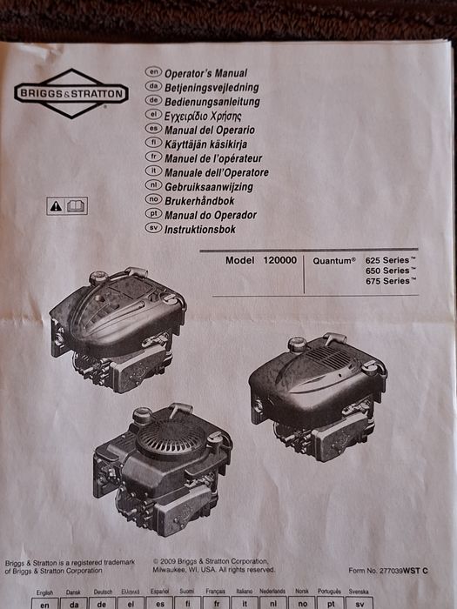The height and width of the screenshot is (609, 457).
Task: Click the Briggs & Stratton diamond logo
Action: [x=71, y=94]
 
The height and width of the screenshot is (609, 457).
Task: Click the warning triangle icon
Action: [x=56, y=206]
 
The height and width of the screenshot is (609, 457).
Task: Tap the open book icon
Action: [x=76, y=206]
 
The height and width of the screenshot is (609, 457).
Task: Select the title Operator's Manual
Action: [x=205, y=73]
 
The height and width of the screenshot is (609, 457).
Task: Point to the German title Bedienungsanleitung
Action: [x=212, y=102]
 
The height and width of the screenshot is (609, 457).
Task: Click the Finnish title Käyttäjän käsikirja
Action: [x=205, y=144]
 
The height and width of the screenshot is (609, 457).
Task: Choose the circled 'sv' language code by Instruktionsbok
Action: [x=153, y=228]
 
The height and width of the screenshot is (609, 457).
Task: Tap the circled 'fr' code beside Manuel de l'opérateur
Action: [x=153, y=157]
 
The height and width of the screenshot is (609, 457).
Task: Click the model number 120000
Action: [x=279, y=260]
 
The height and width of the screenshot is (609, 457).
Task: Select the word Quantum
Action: [x=333, y=261]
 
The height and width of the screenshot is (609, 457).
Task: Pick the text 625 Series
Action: [x=387, y=260]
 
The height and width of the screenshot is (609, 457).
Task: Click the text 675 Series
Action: [x=387, y=281]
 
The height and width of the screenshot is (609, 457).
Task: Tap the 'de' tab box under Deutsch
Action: [x=102, y=604]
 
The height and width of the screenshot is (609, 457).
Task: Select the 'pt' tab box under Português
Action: [x=331, y=604]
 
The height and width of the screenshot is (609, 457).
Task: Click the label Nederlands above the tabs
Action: [x=272, y=591]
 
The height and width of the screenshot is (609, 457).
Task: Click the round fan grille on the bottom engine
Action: [x=171, y=438]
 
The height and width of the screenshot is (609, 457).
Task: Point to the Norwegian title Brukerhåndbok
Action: [x=199, y=201]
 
